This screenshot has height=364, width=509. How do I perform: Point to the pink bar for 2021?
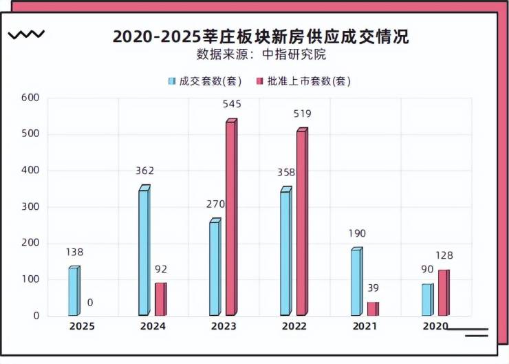372,308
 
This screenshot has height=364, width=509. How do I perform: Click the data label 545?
232,104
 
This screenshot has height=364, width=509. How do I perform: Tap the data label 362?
144,171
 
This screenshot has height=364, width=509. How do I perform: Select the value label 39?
373,288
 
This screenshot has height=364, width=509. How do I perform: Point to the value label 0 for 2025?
90,302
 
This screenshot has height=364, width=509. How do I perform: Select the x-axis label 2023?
224,326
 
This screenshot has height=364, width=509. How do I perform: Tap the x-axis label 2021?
365,326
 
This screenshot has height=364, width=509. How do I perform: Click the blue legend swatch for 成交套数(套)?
172,81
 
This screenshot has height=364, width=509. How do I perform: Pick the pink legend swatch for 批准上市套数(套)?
260,81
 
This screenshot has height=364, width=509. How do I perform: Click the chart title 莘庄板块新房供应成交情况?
261,36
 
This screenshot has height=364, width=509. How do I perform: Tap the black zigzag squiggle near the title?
26,34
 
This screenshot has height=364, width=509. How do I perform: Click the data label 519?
302,114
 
